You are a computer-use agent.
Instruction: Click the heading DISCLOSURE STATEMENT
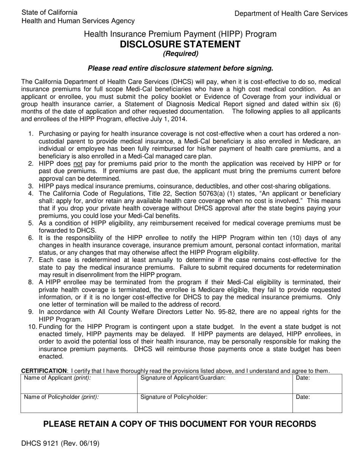click(180, 44)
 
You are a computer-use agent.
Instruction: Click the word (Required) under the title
click(180, 54)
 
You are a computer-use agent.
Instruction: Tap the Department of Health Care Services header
click(291, 13)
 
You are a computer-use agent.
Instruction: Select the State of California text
click(50, 13)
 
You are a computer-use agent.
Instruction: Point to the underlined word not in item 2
click(78, 164)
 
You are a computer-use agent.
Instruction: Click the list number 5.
click(31, 223)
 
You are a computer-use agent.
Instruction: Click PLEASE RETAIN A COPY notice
click(180, 424)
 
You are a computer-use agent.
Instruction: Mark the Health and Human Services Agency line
click(78, 21)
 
